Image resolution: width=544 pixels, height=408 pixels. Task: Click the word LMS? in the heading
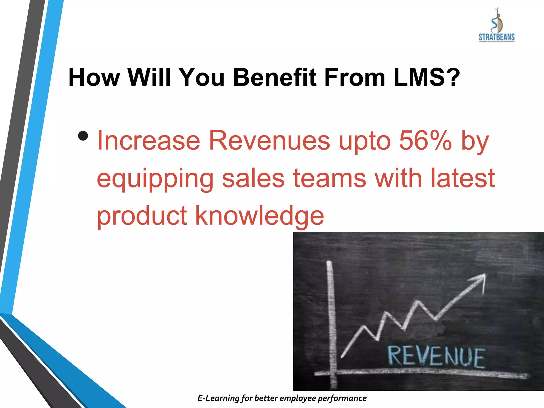tap(427, 78)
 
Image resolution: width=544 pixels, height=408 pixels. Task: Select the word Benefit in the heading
tap(275, 78)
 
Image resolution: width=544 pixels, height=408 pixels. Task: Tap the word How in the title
tap(94, 78)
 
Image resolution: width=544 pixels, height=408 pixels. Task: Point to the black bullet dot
tap(83, 136)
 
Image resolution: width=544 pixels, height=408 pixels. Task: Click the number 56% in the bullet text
tap(425, 141)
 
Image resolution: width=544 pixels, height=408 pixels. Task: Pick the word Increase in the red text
tap(148, 141)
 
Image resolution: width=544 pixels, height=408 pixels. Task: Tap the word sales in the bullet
tap(253, 178)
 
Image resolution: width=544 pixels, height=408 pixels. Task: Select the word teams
tap(330, 178)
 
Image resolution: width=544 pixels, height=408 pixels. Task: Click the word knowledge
tap(260, 216)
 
